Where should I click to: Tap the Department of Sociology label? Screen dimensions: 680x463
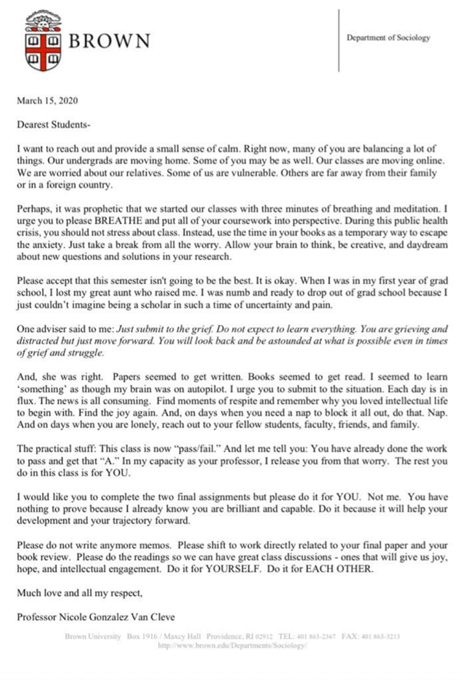tap(388, 38)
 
